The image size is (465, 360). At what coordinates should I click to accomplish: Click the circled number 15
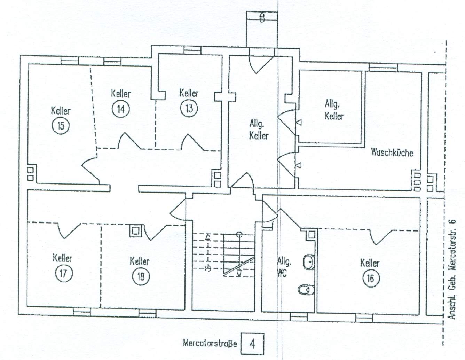click(x=61, y=125)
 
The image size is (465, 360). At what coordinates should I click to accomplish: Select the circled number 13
click(x=189, y=108)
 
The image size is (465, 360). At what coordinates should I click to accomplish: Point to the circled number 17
click(x=64, y=274)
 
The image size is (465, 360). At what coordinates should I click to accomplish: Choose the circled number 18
click(x=141, y=276)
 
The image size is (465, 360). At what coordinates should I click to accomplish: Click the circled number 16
click(x=371, y=279)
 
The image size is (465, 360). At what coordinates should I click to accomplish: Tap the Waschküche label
click(x=392, y=152)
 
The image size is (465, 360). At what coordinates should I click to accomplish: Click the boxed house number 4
click(x=252, y=344)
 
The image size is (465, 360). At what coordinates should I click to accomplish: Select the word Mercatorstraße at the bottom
click(x=210, y=343)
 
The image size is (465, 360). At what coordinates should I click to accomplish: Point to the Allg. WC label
click(x=284, y=267)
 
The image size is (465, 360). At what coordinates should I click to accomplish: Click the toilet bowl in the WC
click(x=306, y=290)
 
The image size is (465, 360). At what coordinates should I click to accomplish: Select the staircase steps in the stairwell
click(x=223, y=255)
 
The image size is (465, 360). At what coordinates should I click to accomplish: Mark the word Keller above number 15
click(x=61, y=111)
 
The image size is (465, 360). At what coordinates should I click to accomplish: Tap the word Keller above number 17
click(x=63, y=258)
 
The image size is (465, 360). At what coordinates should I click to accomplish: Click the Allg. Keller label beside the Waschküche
click(x=334, y=110)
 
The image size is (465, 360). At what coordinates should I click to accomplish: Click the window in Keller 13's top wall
click(x=192, y=50)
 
